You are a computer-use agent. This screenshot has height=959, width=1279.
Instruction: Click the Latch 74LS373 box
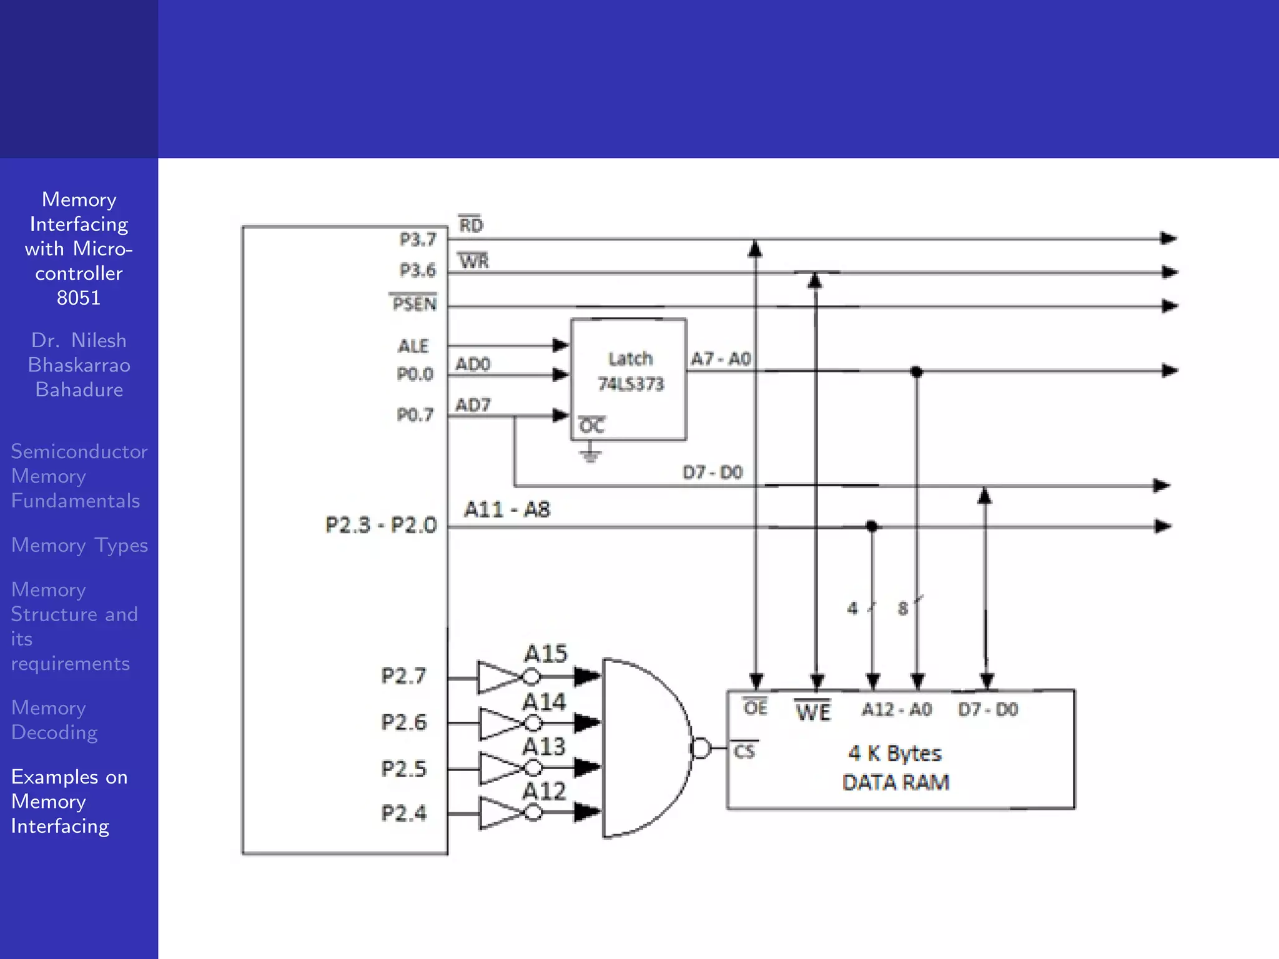[x=629, y=379]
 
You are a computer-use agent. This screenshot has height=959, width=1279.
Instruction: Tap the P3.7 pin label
[x=417, y=240]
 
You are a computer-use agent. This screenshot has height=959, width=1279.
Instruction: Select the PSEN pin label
[x=414, y=304]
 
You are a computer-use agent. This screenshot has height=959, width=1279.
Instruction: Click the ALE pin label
[x=413, y=346]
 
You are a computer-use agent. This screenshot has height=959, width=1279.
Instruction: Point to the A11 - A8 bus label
[x=506, y=510]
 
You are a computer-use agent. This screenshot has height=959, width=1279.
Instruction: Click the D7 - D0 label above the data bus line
[x=712, y=473]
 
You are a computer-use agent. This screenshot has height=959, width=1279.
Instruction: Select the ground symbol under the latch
[x=590, y=454]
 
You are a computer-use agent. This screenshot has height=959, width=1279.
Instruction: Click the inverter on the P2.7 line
[x=500, y=677]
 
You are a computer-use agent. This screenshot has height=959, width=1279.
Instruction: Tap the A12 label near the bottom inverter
[x=544, y=792]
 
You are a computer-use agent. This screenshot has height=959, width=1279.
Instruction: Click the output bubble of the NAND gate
[x=701, y=748]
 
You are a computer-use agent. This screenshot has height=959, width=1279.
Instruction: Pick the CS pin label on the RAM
[x=744, y=751]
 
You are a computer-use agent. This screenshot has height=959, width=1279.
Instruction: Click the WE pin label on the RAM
[x=813, y=712]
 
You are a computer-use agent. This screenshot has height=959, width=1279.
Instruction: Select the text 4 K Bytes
[x=894, y=754]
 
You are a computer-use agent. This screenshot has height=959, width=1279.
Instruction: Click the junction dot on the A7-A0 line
[x=916, y=372]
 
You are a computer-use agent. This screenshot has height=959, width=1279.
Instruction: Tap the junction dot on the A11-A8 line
[x=872, y=526]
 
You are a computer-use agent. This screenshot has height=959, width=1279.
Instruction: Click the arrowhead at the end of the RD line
[x=1168, y=239]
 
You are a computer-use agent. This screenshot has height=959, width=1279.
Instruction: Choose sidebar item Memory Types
[x=79, y=546]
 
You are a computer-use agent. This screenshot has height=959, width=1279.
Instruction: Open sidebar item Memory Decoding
[x=55, y=720]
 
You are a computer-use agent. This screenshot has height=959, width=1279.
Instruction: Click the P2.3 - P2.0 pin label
[x=381, y=525]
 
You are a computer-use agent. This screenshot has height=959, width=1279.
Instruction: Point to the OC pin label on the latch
[x=591, y=426]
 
